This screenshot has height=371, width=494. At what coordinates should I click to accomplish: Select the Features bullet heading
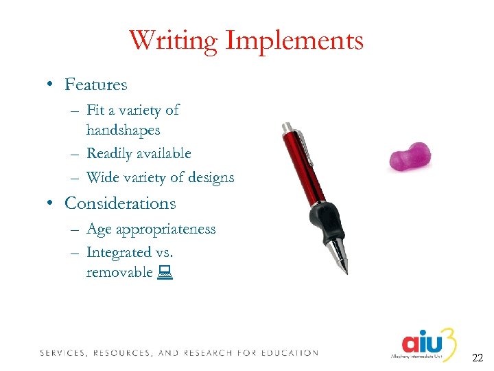(95, 85)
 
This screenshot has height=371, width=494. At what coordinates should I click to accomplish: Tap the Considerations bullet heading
(119, 204)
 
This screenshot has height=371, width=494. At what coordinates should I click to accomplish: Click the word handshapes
(123, 130)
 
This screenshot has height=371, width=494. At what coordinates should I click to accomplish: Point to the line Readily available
(138, 154)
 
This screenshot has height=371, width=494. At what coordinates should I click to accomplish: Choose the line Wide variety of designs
(160, 177)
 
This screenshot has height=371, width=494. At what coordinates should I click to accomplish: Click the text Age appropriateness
(151, 229)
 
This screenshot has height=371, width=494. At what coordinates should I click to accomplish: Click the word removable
(119, 272)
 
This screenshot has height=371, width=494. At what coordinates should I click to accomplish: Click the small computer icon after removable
(164, 273)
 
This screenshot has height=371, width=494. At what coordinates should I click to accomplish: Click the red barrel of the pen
(309, 172)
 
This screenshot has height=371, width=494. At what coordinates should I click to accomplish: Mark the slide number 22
(478, 357)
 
